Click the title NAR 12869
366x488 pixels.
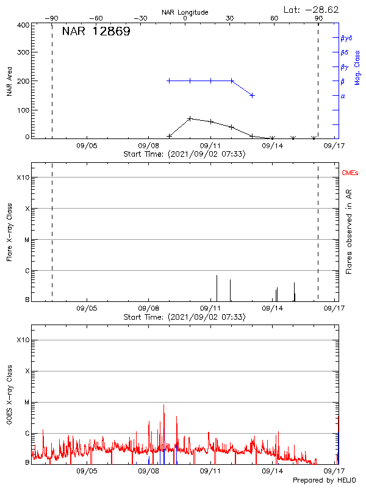96,32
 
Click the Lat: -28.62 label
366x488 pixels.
312,9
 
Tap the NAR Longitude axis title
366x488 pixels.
185,12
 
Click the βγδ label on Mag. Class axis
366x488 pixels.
346,38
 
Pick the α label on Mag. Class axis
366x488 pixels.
343,96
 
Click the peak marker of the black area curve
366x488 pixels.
190,118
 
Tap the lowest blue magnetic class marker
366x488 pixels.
252,96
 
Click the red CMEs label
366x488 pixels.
351,174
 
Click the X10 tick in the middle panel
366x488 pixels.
24,178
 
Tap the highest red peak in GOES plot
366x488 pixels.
163,405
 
